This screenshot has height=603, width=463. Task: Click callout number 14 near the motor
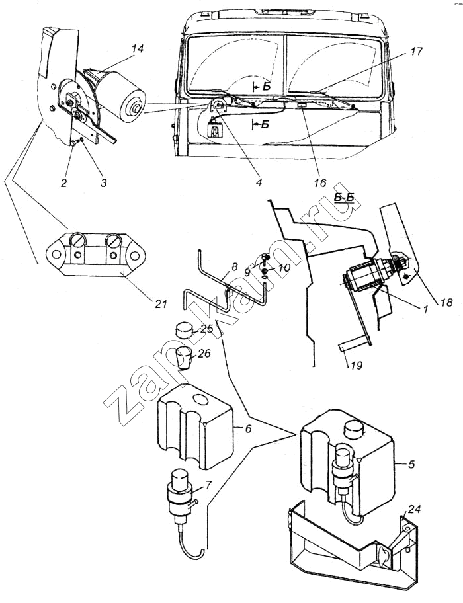[x=138, y=49]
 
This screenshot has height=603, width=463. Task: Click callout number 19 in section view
[x=356, y=364]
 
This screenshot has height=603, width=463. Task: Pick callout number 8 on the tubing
[x=235, y=266]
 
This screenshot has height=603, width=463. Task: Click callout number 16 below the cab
[x=321, y=182]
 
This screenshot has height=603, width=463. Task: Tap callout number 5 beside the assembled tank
[x=411, y=465]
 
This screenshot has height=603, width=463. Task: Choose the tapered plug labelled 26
[x=184, y=358]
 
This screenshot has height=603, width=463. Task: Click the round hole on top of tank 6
[x=200, y=399]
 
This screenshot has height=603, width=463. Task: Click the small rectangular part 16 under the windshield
[x=302, y=105]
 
